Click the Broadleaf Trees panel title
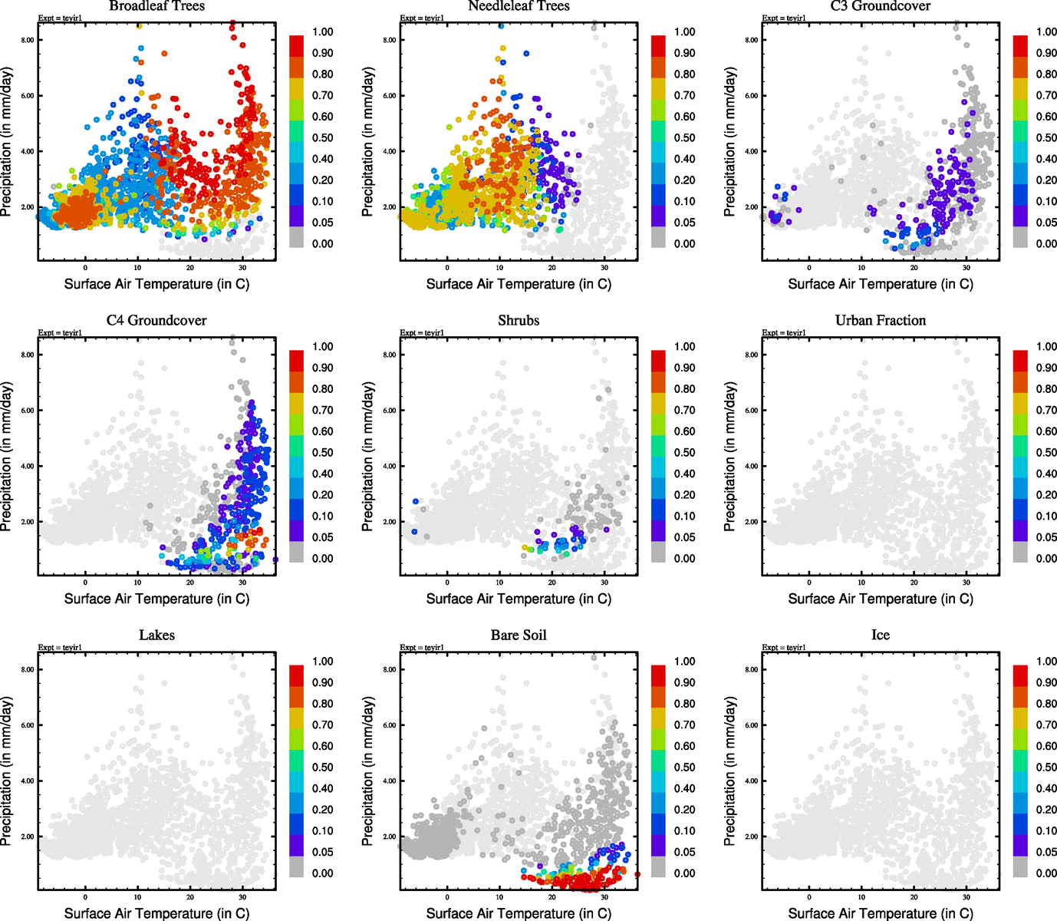pyautogui.click(x=156, y=6)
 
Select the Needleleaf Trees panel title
pyautogui.click(x=519, y=6)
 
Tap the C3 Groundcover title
pyautogui.click(x=880, y=6)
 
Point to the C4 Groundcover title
pyautogui.click(x=156, y=320)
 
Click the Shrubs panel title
pyautogui.click(x=519, y=320)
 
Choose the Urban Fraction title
pyautogui.click(x=880, y=320)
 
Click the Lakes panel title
pyautogui.click(x=156, y=635)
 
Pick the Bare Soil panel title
pyautogui.click(x=519, y=635)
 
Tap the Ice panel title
pyautogui.click(x=880, y=635)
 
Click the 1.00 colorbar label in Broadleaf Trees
pyautogui.click(x=322, y=32)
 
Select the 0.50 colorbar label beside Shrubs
pyautogui.click(x=684, y=453)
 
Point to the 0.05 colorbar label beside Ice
pyautogui.click(x=1046, y=852)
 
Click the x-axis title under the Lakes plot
pyautogui.click(x=156, y=913)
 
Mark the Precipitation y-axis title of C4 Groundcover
pyautogui.click(x=7, y=457)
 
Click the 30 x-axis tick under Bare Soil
pyautogui.click(x=604, y=897)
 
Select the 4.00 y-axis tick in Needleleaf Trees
pyautogui.click(x=390, y=151)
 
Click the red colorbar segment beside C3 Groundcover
pyautogui.click(x=1020, y=45)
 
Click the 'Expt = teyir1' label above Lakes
pyautogui.click(x=60, y=648)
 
